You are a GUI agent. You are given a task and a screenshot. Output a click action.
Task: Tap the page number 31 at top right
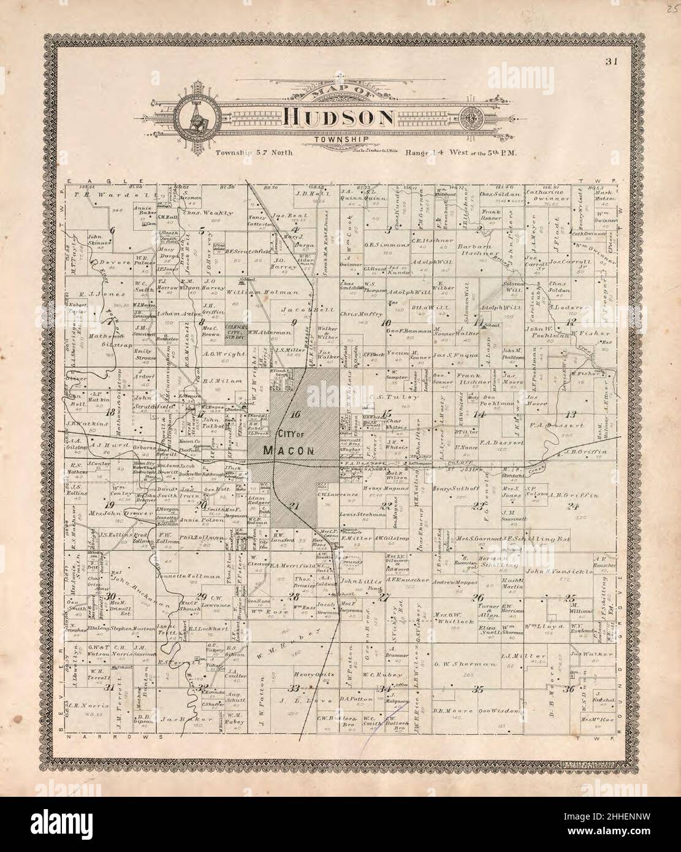click(609, 61)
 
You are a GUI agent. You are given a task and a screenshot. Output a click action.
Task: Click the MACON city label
click(289, 451)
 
